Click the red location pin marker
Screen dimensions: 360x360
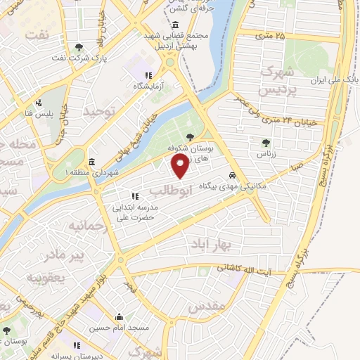[181, 167]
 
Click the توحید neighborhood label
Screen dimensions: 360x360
[98, 111]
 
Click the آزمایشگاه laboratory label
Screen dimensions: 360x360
[148, 85]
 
